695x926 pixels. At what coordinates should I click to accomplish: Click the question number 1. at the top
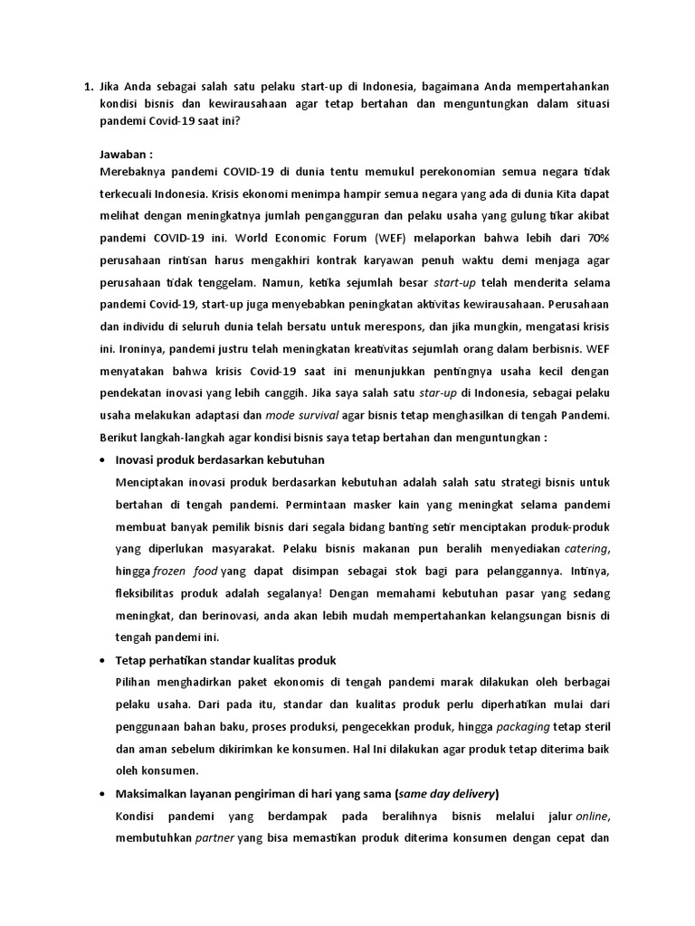tap(88, 87)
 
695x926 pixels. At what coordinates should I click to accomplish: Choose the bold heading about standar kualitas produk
tap(226, 660)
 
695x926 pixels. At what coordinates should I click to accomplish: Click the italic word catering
tap(586, 548)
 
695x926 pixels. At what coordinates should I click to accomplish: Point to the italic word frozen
tap(170, 571)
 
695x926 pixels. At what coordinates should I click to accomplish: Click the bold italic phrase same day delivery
tap(445, 794)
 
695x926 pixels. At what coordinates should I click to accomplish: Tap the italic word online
tap(592, 817)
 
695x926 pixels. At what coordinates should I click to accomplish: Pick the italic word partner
tap(214, 838)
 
